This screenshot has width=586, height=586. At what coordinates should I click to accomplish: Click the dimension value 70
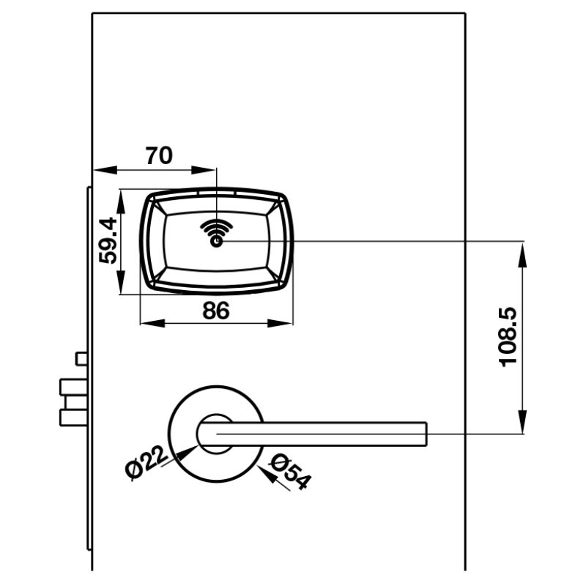[x=159, y=156]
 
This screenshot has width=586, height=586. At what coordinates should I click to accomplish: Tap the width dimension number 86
[x=216, y=311]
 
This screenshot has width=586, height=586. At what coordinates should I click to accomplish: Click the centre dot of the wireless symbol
[x=217, y=242]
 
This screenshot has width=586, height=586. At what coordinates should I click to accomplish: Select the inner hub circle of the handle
[x=215, y=433]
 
